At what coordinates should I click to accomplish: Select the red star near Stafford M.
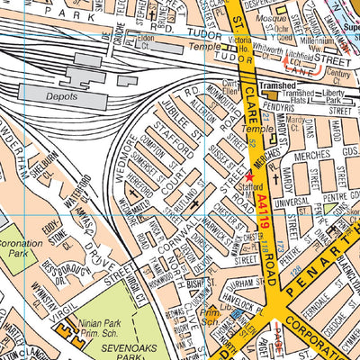click(x=250, y=176)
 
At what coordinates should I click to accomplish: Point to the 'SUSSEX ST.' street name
click(x=217, y=149)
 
